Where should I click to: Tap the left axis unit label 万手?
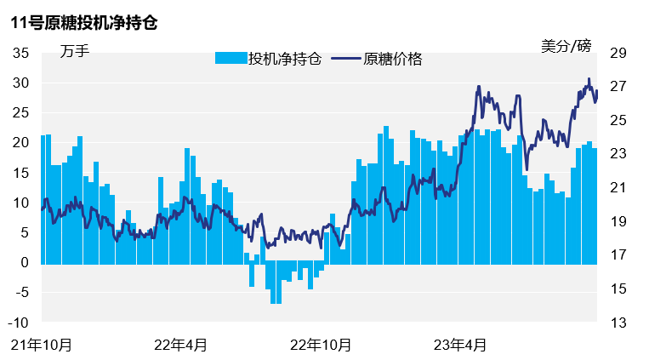click(x=75, y=51)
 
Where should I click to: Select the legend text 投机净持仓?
click(x=284, y=59)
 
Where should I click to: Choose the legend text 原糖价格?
click(x=393, y=59)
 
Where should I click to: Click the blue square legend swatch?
click(x=230, y=59)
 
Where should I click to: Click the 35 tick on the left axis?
click(x=21, y=53)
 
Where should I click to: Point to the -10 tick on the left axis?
click(x=20, y=323)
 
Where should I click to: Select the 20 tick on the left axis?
click(x=21, y=143)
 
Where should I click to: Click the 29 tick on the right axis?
click(x=618, y=53)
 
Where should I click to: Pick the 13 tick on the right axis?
click(x=618, y=323)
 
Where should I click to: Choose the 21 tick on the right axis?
click(x=618, y=188)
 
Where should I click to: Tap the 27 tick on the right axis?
click(x=618, y=87)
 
